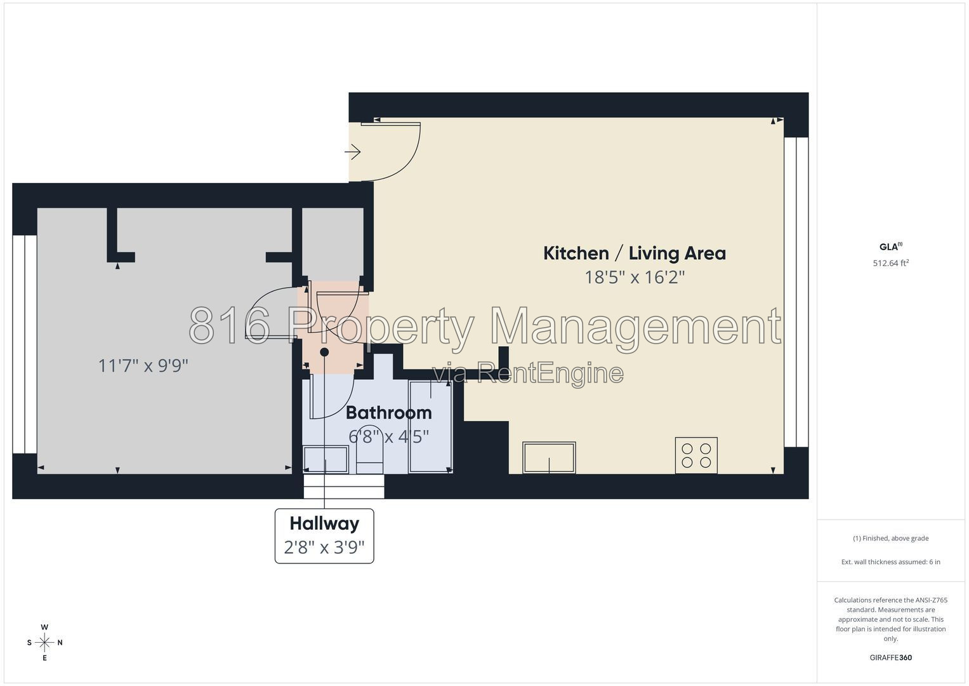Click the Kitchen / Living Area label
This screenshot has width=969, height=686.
point(634,253)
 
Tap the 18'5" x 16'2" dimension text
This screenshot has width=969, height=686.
point(635,277)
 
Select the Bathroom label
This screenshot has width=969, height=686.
point(389,413)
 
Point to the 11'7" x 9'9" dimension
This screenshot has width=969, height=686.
point(143,366)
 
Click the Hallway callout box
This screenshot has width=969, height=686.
point(324,536)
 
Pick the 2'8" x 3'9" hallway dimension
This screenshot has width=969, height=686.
point(324,548)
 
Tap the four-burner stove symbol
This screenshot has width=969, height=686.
point(696,455)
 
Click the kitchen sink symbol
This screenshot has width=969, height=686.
point(549,457)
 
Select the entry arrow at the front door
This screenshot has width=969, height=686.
point(353,152)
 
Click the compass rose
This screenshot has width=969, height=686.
point(44,643)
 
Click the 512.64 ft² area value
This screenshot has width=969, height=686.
point(891,263)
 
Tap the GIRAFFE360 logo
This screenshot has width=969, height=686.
point(891,657)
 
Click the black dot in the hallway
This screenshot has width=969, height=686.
point(324,353)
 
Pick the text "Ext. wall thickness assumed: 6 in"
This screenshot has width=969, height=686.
point(891,562)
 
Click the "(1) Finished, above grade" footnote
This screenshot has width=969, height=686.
point(891,539)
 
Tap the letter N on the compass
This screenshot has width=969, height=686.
point(60,643)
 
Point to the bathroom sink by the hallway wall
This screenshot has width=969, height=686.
point(326,459)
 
